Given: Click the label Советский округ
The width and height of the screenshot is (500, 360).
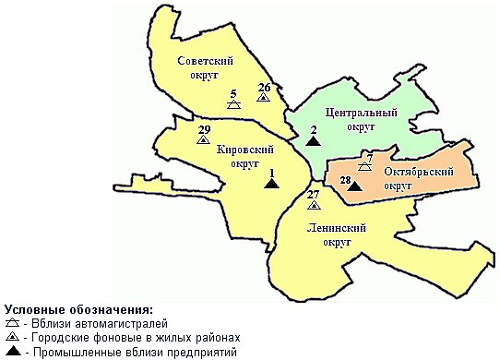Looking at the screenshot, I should pyautogui.click(x=203, y=66).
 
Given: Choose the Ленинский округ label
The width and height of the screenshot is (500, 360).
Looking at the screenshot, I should pyautogui.click(x=332, y=234).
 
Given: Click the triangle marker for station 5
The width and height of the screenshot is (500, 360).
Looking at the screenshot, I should pyautogui.click(x=234, y=105).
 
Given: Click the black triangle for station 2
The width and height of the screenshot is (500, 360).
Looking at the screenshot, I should pyautogui.click(x=314, y=141).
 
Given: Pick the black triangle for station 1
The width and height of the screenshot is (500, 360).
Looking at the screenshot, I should pyautogui.click(x=271, y=184).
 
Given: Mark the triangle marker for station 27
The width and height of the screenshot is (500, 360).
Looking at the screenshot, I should pyautogui.click(x=314, y=205).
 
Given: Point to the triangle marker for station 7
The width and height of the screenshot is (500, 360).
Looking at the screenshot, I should pyautogui.click(x=364, y=168).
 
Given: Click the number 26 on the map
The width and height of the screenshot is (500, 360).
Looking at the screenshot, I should pyautogui.click(x=264, y=88).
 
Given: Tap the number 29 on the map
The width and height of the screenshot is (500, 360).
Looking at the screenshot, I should pyautogui.click(x=204, y=128).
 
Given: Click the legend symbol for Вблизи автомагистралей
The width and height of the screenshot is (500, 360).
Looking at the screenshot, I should pyautogui.click(x=12, y=324).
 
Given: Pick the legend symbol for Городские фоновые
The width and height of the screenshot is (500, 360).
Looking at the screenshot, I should pyautogui.click(x=12, y=338).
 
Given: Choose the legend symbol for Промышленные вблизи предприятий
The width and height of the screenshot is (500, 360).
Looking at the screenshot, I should pyautogui.click(x=12, y=352).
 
